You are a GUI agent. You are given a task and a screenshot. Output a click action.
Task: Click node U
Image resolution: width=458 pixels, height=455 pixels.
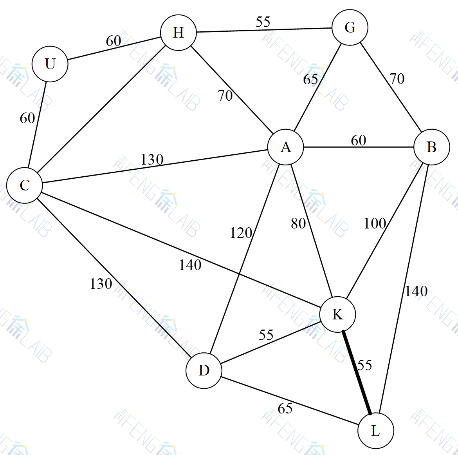(x=50, y=64)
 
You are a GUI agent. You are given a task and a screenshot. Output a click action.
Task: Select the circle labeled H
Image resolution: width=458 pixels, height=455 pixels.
(x=179, y=33)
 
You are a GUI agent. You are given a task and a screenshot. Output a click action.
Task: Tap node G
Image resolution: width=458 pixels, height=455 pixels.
(x=350, y=27)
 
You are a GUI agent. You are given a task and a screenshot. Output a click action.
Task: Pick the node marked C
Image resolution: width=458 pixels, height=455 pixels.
(x=25, y=185)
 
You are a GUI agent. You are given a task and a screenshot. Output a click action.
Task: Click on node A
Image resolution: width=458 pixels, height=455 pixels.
(x=286, y=147)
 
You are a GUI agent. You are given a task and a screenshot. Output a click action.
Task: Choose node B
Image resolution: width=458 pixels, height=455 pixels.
(x=431, y=147)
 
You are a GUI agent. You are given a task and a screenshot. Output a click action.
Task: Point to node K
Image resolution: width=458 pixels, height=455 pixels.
(x=337, y=314)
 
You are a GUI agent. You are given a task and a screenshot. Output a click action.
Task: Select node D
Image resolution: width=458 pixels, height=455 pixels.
(x=204, y=370)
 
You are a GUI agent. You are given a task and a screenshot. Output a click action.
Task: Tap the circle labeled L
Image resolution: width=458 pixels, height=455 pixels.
(x=375, y=431)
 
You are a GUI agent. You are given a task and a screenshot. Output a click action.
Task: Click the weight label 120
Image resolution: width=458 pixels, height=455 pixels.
(x=241, y=233)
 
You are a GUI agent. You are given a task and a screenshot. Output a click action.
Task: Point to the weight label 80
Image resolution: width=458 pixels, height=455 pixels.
(x=298, y=223)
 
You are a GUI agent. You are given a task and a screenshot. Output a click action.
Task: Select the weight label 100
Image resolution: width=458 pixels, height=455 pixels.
(x=375, y=223)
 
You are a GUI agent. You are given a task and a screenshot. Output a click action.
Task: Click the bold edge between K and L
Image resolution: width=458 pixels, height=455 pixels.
(x=357, y=373)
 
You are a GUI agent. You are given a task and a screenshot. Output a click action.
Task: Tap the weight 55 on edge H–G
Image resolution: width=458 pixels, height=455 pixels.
(x=263, y=22)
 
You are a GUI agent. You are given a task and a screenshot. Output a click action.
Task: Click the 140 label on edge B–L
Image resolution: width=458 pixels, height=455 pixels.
(x=416, y=291)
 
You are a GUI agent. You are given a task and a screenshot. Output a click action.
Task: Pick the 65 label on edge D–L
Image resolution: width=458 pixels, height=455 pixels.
(x=285, y=408)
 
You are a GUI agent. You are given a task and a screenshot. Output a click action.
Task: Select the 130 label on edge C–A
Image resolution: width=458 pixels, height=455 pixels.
(x=152, y=160)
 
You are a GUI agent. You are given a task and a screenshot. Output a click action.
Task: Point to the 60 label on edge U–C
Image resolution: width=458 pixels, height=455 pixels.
(x=27, y=118)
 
